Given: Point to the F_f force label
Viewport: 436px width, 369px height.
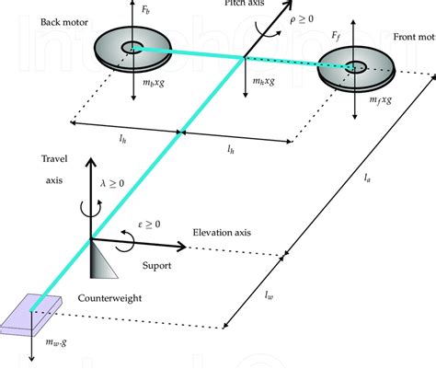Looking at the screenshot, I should click(x=339, y=35).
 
